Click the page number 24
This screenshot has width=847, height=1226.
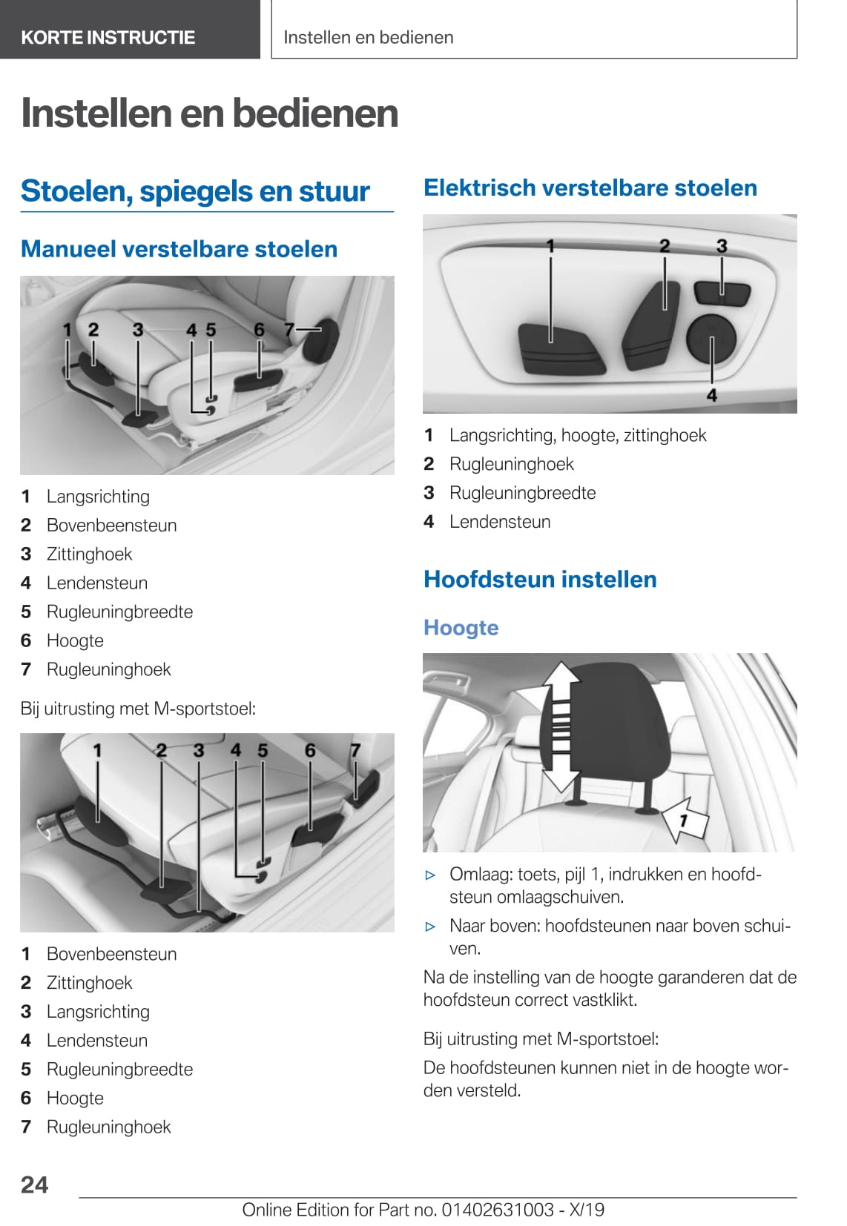pyautogui.click(x=34, y=1184)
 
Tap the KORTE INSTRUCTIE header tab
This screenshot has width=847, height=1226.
pyautogui.click(x=108, y=37)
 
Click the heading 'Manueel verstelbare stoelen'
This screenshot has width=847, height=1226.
pyautogui.click(x=179, y=249)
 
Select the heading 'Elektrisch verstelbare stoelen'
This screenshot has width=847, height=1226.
pyautogui.click(x=590, y=188)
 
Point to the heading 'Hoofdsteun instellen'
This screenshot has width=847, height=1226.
pyautogui.click(x=540, y=579)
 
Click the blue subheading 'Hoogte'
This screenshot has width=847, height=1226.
pyautogui.click(x=461, y=628)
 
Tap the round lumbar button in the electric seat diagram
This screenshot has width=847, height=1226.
pyautogui.click(x=711, y=338)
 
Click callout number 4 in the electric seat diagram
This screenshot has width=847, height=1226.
pyautogui.click(x=712, y=395)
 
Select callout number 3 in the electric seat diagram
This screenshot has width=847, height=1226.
pyautogui.click(x=722, y=246)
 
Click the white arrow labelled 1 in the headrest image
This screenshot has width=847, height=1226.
pyautogui.click(x=685, y=820)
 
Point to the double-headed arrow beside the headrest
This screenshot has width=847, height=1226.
pyautogui.click(x=561, y=726)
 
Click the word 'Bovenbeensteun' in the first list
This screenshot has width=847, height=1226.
pyautogui.click(x=111, y=526)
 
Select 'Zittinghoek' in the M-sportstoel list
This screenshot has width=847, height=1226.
pyautogui.click(x=89, y=983)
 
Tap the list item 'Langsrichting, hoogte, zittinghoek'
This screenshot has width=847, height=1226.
pyautogui.click(x=577, y=435)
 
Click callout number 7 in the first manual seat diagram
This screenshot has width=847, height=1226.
pyautogui.click(x=289, y=329)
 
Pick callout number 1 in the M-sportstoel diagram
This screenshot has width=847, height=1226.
pyautogui.click(x=97, y=751)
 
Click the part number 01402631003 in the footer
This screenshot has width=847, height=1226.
pyautogui.click(x=498, y=1210)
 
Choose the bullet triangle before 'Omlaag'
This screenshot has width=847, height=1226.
pyautogui.click(x=430, y=875)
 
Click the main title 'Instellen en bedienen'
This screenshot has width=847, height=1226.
pyautogui.click(x=210, y=113)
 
